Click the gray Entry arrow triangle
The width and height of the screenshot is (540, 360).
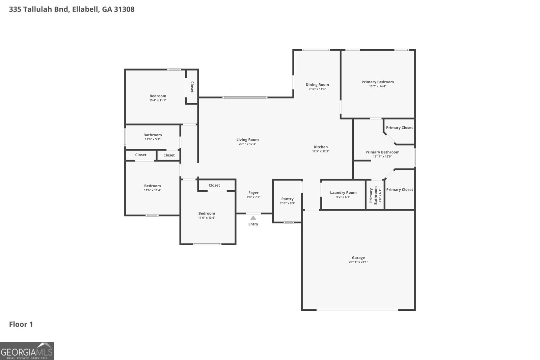click(253, 218)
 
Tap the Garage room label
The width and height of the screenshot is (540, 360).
click(358, 257)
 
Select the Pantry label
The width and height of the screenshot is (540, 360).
click(287, 199)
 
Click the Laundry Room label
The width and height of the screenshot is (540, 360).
click(343, 193)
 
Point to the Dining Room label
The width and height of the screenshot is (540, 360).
click(317, 85)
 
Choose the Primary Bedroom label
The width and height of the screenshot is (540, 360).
click(378, 82)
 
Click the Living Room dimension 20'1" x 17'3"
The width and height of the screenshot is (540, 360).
click(247, 144)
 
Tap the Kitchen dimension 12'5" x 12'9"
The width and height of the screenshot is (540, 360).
click(321, 151)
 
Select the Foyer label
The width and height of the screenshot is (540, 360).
click(253, 193)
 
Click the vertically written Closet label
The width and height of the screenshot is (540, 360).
click(192, 87)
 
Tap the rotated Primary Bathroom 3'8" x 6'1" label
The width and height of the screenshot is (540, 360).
click(375, 195)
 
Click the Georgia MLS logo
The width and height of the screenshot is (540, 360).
click(27, 351)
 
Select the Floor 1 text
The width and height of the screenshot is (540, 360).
click(21, 324)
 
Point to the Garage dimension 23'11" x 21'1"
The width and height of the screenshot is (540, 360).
click(358, 262)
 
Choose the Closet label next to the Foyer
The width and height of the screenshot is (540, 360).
click(214, 185)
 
